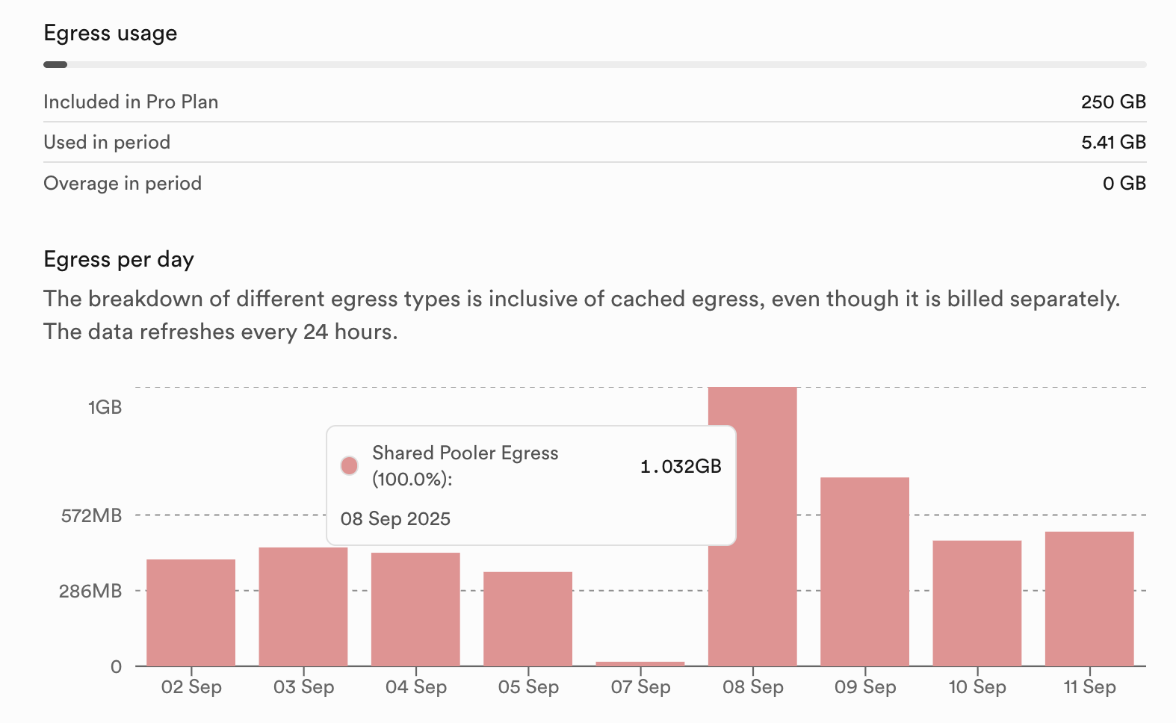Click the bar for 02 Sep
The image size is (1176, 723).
point(191,612)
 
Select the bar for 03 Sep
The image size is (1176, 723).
point(303,606)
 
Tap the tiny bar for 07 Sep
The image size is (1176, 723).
point(640,663)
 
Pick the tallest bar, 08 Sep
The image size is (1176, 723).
point(752,598)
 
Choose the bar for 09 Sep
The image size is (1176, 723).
point(864,571)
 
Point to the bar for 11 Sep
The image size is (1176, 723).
point(1089,598)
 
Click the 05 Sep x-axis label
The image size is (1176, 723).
point(528,687)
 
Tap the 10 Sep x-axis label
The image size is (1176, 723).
point(977,687)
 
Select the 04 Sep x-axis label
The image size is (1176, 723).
point(416,687)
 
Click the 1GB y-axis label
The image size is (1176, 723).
point(105,407)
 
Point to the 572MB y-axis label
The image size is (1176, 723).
point(91,515)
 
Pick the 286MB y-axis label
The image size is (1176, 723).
point(90,592)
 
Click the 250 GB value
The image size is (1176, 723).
point(1113,102)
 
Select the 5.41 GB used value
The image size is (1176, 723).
point(1113,143)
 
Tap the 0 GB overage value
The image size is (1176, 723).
point(1124,184)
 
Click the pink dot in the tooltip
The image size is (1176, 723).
point(349,466)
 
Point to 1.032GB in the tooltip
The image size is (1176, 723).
point(681,467)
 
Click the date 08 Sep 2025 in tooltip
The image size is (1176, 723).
point(395,519)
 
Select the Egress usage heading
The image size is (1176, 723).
point(111,34)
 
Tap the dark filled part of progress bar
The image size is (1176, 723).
point(55,65)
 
